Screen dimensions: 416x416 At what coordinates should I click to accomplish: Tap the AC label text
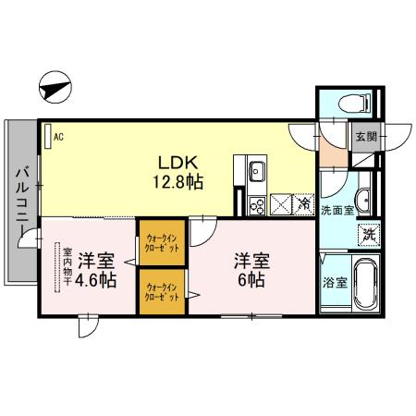click(58, 136)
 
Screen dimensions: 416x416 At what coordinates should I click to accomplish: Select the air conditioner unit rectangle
click(47, 135)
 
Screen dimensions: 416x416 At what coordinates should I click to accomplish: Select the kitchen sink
click(256, 171)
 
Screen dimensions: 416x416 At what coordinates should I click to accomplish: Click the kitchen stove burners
click(256, 204)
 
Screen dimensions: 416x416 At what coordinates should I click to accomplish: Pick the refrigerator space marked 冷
click(303, 203)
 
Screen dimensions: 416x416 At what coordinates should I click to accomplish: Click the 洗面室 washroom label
click(338, 210)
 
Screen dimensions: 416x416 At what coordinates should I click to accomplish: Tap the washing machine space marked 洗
click(368, 234)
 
